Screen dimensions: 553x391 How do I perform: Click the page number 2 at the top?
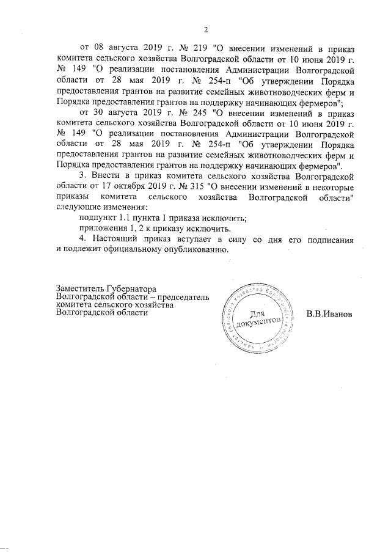click(x=206, y=30)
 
